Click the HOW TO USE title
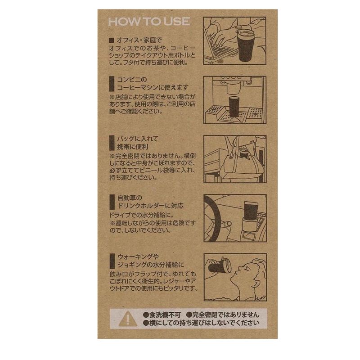coord(149,22)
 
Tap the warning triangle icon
coord(128,319)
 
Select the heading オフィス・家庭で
coord(139,40)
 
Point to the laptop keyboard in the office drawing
coord(221,50)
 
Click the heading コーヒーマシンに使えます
coord(153,87)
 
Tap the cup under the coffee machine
coord(234,107)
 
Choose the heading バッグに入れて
coord(138,139)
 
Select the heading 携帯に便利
coord(133,147)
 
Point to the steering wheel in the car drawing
coord(212,219)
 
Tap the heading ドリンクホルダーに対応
coord(150,206)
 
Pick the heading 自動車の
coord(130,198)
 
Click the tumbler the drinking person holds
coord(220,266)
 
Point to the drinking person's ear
coord(256,284)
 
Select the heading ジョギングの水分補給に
coord(151,265)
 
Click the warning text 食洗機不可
coord(162,315)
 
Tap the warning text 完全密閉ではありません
coord(223,315)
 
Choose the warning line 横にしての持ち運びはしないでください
coord(201,323)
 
